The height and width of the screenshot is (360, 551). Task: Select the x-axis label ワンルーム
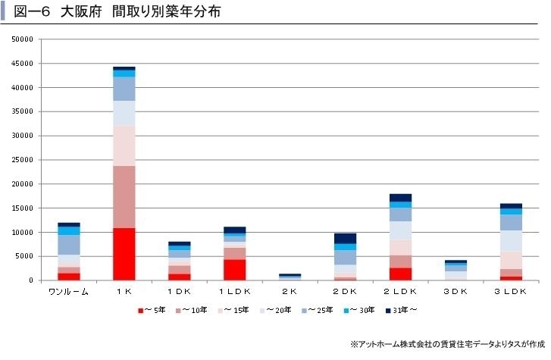[69, 292]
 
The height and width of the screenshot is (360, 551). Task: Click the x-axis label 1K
[124, 292]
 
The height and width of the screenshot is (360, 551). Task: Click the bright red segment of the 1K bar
[124, 254]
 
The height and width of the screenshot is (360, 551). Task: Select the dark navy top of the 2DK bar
[345, 238]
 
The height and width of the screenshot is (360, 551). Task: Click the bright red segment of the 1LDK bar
[234, 270]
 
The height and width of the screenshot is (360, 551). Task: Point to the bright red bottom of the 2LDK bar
[400, 274]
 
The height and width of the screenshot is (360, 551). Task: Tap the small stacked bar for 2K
[290, 277]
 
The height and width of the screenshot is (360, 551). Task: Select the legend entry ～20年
[276, 310]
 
